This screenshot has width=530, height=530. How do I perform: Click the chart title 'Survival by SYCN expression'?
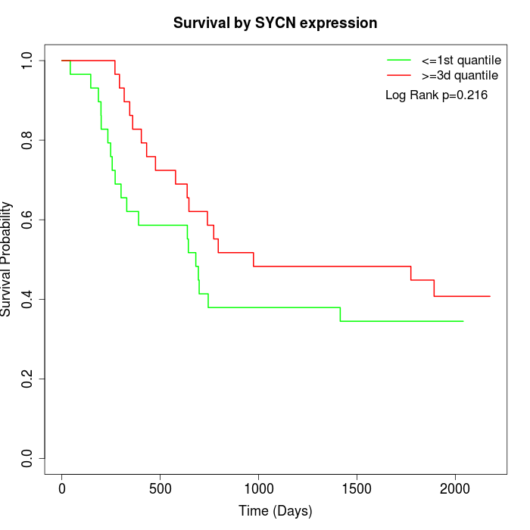[275, 23]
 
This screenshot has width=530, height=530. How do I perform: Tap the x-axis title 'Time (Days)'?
[275, 511]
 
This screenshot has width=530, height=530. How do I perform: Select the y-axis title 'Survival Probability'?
[7, 259]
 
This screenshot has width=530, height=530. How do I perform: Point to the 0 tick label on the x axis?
[62, 489]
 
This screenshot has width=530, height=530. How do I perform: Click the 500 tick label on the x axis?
[160, 489]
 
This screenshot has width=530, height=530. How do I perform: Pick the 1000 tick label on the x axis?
[258, 489]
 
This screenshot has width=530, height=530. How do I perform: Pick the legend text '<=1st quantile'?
[461, 59]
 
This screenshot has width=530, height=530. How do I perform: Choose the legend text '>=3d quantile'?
[460, 75]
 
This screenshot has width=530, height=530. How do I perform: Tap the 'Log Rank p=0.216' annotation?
[436, 95]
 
